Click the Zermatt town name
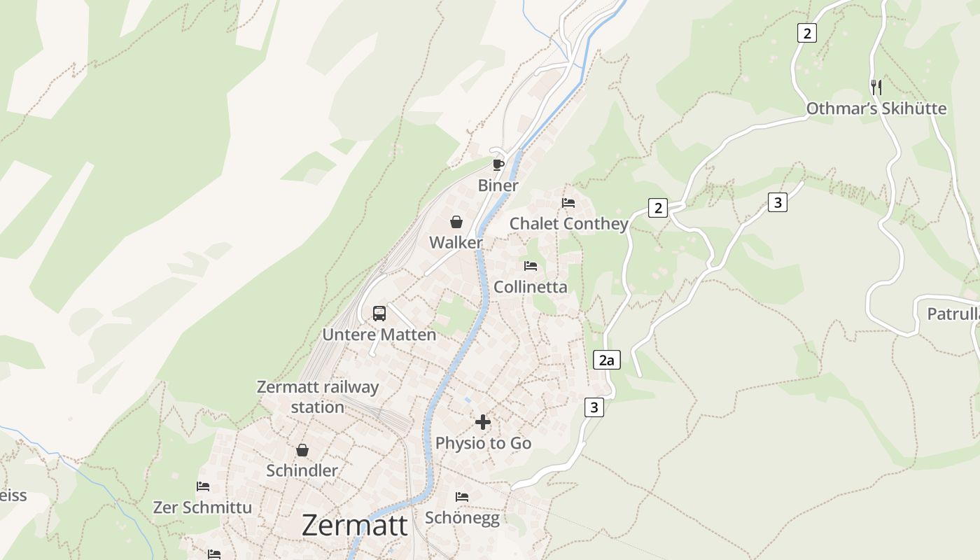(354, 525)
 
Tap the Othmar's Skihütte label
(876, 108)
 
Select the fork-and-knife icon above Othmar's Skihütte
(876, 87)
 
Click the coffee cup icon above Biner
(498, 164)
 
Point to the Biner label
(498, 185)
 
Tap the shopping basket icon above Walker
(456, 222)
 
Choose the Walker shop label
(456, 243)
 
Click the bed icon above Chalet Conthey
(568, 203)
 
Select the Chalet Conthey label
(568, 224)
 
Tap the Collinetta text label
(530, 287)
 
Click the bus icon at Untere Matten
(379, 313)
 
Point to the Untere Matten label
(379, 335)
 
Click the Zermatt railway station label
(318, 397)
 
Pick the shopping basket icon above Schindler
(302, 449)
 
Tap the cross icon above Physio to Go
(483, 422)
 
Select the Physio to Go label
(483, 443)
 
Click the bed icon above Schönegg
(462, 497)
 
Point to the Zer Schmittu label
(202, 507)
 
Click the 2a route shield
(606, 360)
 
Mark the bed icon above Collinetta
(531, 266)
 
